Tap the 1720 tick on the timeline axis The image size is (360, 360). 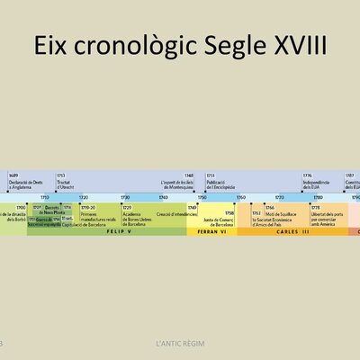84,196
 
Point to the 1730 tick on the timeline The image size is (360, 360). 125,196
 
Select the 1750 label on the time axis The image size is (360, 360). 202,196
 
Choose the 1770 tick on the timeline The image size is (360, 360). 280,196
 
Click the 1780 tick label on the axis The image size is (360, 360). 319,196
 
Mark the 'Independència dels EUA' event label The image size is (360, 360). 319,183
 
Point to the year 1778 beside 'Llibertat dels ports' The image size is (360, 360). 316,207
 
